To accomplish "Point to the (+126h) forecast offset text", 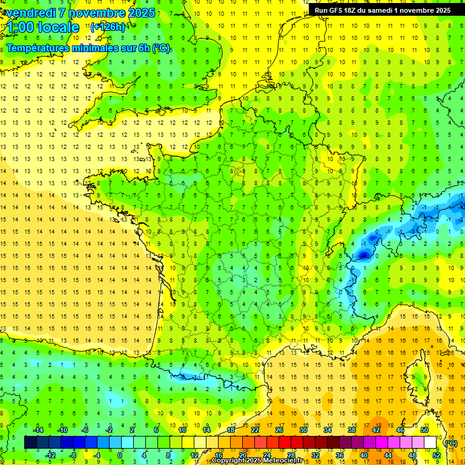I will [108, 27].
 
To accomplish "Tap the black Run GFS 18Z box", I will [382, 10].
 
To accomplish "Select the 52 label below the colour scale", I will [436, 455].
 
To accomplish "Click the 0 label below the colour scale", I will [120, 455].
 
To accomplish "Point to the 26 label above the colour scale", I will [279, 429].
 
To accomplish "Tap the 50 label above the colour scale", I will [424, 429].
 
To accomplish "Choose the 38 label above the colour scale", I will [351, 429].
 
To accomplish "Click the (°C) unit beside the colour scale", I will [451, 443].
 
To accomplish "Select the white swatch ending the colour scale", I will [430, 443].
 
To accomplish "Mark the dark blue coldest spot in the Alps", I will [363, 256].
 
